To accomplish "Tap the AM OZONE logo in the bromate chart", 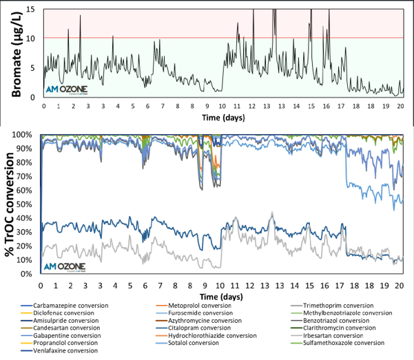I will point(66,89).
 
